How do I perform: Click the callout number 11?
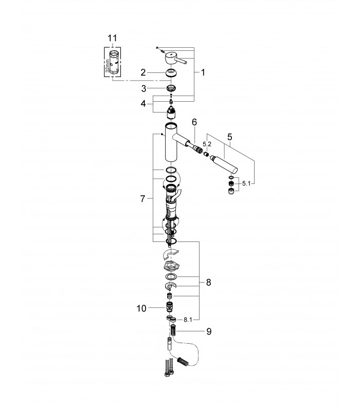coord(112,38)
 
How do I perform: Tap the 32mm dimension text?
coord(107,66)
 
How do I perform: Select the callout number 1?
coord(203,72)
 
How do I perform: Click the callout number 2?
coord(143,72)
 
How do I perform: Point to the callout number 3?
coord(144,88)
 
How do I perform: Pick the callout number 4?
coord(143,104)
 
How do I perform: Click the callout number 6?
coord(194,122)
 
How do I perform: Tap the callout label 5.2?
coord(207,144)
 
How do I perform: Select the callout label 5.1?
coord(246,183)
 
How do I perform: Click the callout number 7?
coord(142,199)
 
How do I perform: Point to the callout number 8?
coord(208,283)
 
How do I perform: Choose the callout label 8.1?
coord(188,320)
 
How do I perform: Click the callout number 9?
coord(209,331)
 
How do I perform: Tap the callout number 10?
coord(141,308)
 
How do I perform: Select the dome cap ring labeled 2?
coord(171,72)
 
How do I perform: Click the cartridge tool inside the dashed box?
coord(113,62)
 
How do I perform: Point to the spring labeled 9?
coord(173,330)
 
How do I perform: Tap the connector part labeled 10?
coord(170,306)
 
